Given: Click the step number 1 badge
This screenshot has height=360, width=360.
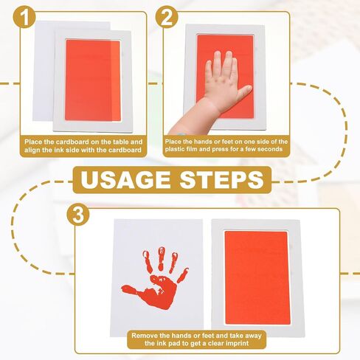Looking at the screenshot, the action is tap(24, 17).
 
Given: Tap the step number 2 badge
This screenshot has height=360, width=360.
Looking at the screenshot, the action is tap(167, 17).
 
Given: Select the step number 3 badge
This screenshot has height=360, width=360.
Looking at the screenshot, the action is tap(78, 215).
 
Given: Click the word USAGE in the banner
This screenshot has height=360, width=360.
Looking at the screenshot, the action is tap(125, 180).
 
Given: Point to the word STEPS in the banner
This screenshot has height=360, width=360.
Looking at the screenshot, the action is tap(222, 180).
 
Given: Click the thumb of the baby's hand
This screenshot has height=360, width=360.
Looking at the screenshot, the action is tap(244, 91).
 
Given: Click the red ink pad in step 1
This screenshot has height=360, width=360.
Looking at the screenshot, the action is tap(93, 80).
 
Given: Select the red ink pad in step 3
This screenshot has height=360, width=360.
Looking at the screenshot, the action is tap(257, 277).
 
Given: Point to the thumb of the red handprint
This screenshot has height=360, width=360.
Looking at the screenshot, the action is tap(131, 290).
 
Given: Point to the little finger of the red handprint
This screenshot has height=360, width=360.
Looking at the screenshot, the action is tap(183, 274).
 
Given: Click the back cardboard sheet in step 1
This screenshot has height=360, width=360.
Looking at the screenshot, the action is tap(44, 71).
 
